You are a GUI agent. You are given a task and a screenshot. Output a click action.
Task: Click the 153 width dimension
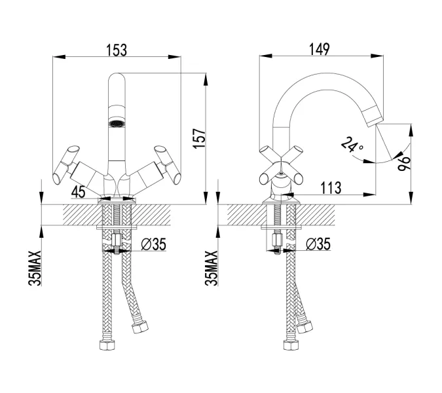pyautogui.click(x=117, y=50)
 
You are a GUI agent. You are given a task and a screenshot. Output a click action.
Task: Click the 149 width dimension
pyautogui.click(x=320, y=49)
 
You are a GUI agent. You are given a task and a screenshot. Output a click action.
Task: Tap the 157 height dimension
pyautogui.click(x=199, y=138)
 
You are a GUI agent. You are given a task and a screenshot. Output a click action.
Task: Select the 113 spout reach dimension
pyautogui.click(x=331, y=187)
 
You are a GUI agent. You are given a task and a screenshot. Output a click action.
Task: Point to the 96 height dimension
pyautogui.click(x=403, y=164)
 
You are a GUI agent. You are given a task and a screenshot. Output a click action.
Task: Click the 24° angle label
pyautogui.click(x=352, y=144)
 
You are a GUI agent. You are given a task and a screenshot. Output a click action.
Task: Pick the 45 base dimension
pyautogui.click(x=78, y=192)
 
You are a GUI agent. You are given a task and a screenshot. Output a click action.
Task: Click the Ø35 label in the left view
pyautogui.click(x=154, y=244)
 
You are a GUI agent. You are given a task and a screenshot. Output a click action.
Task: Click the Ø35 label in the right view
pyautogui.click(x=318, y=244)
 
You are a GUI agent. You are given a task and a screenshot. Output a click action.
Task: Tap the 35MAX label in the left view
pyautogui.click(x=35, y=268)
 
